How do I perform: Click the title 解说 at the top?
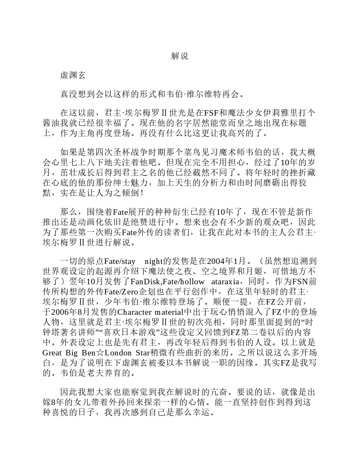(x=180, y=56)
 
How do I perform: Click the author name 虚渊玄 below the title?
(x=73, y=75)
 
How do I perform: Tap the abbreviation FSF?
(x=211, y=113)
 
